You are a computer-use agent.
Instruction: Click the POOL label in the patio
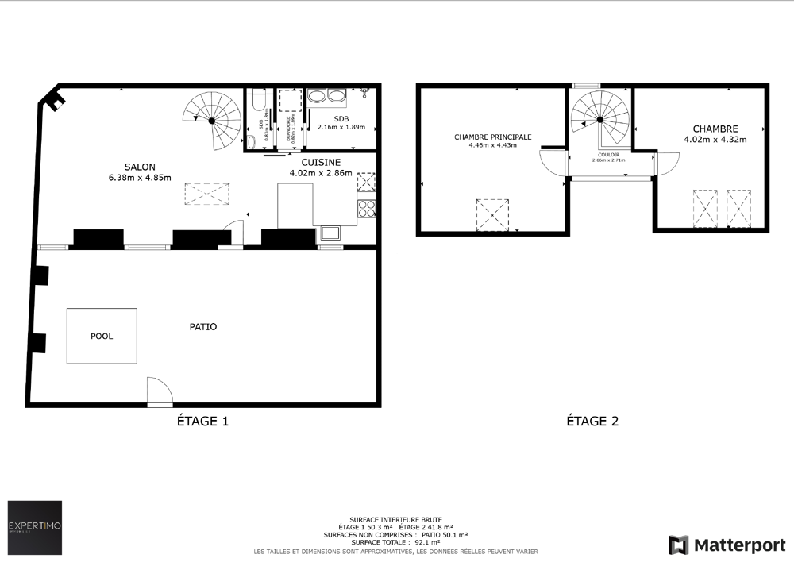pos(102,336)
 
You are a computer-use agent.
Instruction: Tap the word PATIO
pos(203,326)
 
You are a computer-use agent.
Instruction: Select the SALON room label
pos(139,166)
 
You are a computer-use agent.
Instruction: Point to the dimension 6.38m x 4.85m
pos(141,177)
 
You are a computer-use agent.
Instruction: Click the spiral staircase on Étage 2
pos(600,119)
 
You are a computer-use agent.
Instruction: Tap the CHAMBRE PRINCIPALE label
pos(493,137)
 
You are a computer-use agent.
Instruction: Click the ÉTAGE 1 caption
pos(202,421)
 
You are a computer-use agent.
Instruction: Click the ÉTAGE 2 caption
pos(592,421)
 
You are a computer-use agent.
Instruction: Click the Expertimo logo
pos(35,527)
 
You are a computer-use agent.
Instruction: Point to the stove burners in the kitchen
pos(367,208)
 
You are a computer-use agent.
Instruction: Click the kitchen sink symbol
pos(330,233)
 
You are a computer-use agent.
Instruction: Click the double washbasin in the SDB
pos(326,98)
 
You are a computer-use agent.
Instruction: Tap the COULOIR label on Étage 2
pos(608,155)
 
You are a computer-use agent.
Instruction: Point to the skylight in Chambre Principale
pos(491,214)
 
